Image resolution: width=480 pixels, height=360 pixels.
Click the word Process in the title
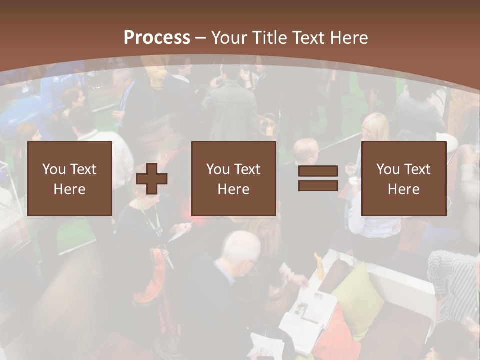click(157, 38)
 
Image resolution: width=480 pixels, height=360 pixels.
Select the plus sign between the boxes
click(152, 178)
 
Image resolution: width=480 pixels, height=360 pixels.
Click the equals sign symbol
click(318, 178)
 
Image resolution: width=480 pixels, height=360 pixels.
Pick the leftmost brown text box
click(70, 178)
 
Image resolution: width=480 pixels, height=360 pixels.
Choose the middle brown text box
click(234, 178)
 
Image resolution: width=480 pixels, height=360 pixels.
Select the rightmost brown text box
click(404, 178)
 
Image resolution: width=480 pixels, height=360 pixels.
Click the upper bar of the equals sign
click(318, 172)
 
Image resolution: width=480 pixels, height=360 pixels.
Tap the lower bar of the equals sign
click(318, 185)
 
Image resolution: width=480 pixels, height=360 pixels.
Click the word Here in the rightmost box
click(404, 189)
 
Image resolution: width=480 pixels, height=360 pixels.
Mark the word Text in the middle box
click(247, 169)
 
